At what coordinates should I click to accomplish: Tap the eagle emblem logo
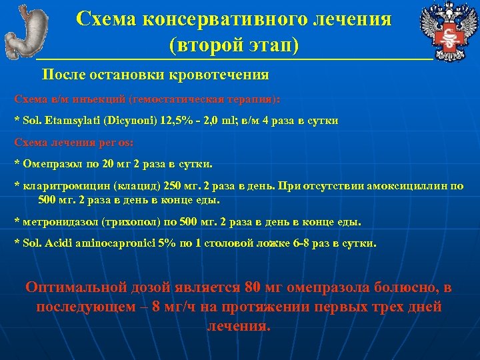coord(447,31)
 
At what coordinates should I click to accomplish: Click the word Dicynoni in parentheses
coord(131,120)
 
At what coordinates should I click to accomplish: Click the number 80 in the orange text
coord(252,288)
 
